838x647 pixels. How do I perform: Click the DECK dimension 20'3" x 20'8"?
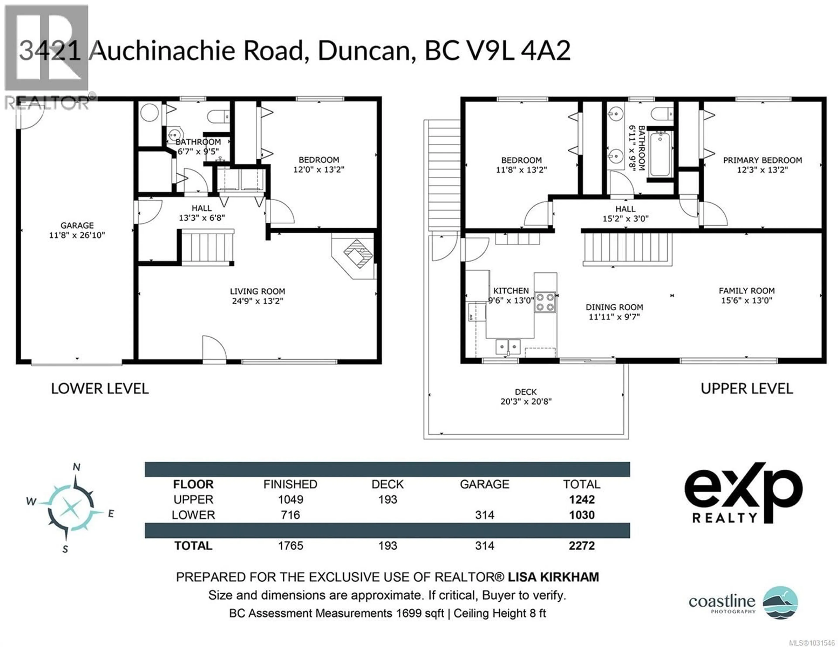(x=526, y=401)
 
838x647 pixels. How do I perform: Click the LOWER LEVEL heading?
(x=100, y=389)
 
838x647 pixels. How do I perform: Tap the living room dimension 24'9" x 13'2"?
(x=258, y=301)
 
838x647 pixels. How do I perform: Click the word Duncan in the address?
(x=364, y=51)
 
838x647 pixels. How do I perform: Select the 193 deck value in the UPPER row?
(x=388, y=499)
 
